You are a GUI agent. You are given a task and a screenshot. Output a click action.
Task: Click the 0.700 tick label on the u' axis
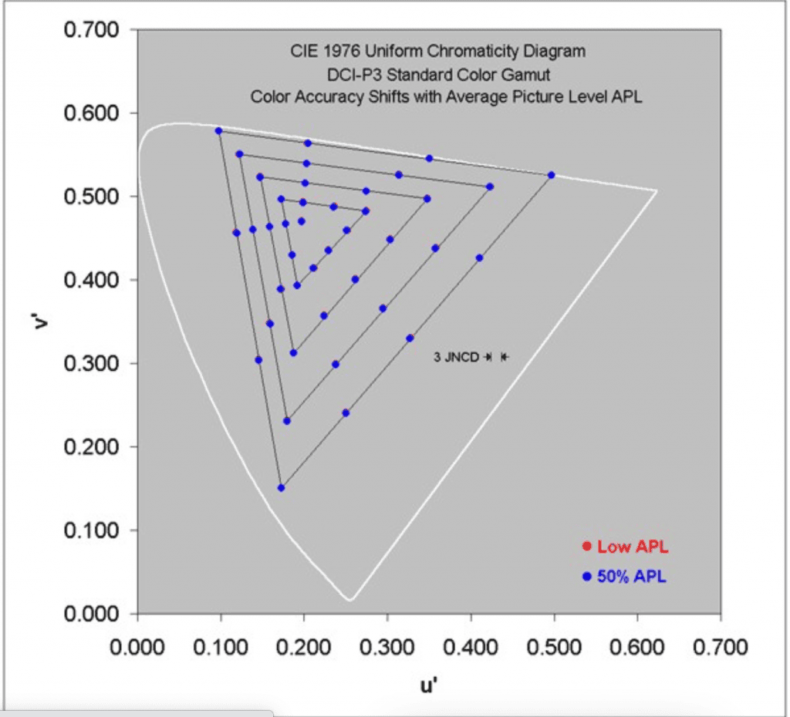pos(721,646)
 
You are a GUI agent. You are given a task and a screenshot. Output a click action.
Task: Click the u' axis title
pos(430,683)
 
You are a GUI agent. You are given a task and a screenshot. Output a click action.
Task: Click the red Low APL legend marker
pos(586,547)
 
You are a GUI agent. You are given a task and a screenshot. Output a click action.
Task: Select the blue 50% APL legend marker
pos(586,576)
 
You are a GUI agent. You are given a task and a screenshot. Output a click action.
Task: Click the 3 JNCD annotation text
pos(457,357)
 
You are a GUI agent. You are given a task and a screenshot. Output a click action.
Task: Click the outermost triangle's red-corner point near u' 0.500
pos(551,175)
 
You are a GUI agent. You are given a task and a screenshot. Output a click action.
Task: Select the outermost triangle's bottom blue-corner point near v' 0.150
pos(281,488)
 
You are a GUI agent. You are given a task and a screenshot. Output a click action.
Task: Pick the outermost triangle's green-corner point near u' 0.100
pos(218,131)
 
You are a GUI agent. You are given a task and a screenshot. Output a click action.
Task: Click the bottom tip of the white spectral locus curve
pos(349,599)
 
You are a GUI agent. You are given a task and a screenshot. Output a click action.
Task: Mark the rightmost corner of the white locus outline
pos(657,190)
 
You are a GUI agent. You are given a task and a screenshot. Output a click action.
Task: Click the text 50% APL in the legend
pos(631,576)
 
